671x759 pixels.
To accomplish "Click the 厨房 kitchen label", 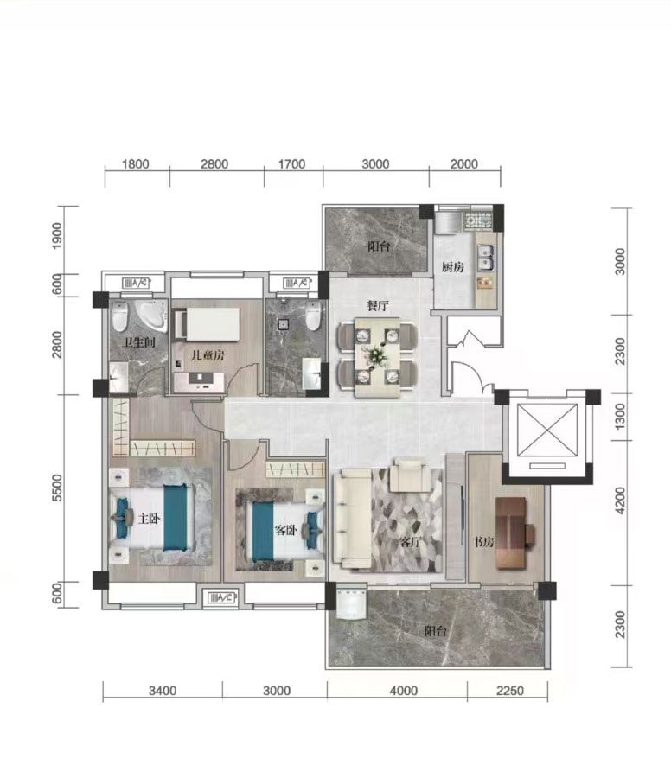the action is pyautogui.click(x=452, y=267).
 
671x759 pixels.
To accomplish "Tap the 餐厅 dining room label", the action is pyautogui.click(x=378, y=305).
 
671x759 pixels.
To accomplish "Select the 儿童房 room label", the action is pyautogui.click(x=208, y=355).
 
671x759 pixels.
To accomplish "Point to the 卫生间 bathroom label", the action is pyautogui.click(x=140, y=342).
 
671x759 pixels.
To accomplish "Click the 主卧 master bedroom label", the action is pyautogui.click(x=149, y=519).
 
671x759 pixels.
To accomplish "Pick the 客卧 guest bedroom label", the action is pyautogui.click(x=286, y=530).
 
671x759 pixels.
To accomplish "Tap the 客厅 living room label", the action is pyautogui.click(x=411, y=542).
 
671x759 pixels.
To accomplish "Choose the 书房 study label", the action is pyautogui.click(x=483, y=542).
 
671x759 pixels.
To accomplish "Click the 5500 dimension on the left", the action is pyautogui.click(x=57, y=488).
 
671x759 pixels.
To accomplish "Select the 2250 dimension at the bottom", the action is pyautogui.click(x=510, y=690).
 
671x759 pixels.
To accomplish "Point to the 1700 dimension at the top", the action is pyautogui.click(x=291, y=164).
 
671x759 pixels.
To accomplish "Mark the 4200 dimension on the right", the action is pyautogui.click(x=620, y=501).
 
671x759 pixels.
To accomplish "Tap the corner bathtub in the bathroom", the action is pyautogui.click(x=150, y=316).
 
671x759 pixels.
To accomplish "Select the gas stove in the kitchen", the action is pyautogui.click(x=478, y=221).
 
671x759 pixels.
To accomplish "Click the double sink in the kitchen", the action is pyautogui.click(x=486, y=257).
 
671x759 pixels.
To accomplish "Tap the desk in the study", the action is pyautogui.click(x=511, y=533).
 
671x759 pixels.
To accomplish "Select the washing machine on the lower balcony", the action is pyautogui.click(x=351, y=603).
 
